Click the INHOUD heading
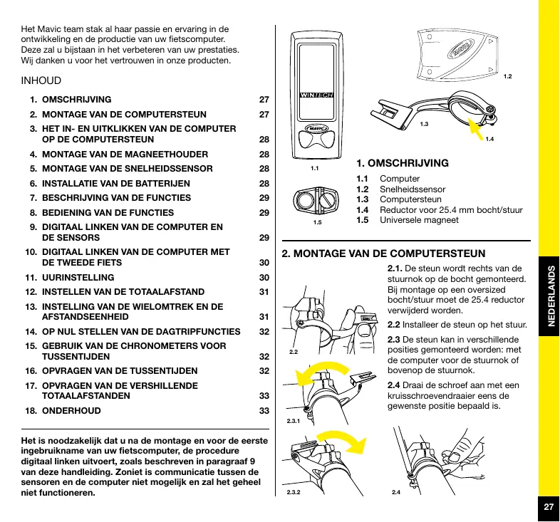(x=42, y=81)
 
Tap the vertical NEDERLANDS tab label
(x=548, y=297)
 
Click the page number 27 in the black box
(x=548, y=507)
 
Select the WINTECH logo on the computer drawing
(x=317, y=95)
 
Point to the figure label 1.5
(x=317, y=223)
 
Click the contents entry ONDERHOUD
(x=71, y=411)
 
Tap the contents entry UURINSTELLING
(x=78, y=277)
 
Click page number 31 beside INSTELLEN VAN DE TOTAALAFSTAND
(x=264, y=292)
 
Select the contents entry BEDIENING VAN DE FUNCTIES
(x=108, y=212)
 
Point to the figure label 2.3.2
(x=293, y=492)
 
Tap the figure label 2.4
(x=396, y=492)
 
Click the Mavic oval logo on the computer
(x=317, y=130)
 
